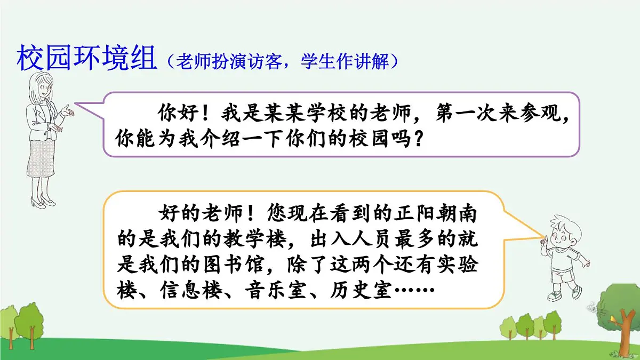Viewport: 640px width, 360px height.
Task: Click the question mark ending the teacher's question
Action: click(419, 140)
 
